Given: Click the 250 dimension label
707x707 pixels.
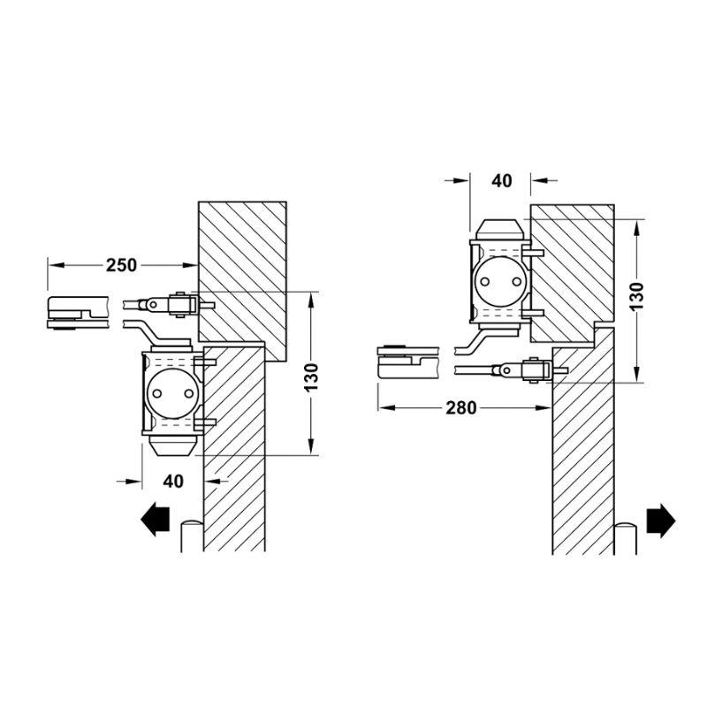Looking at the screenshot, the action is pos(121,265).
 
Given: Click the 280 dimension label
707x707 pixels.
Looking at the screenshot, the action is pos(460,408).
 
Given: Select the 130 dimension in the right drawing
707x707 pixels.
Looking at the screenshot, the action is pos(636,296).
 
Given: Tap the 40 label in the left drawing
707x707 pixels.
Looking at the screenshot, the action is pos(173,482).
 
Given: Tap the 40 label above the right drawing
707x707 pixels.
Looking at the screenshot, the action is pos(501,181).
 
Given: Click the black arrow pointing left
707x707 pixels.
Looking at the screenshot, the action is pos(156,519).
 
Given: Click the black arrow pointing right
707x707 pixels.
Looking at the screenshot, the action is pos(661,521).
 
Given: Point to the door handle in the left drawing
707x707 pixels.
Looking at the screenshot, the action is pos(192,536).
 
